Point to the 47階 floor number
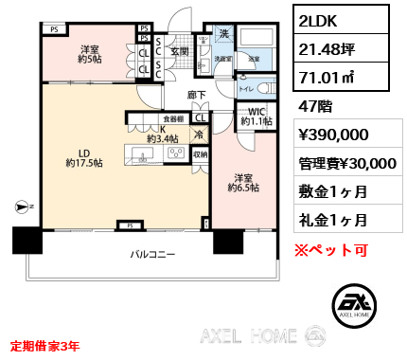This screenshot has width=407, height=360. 316,109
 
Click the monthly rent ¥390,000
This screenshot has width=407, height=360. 334,136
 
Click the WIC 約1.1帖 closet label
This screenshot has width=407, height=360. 257,115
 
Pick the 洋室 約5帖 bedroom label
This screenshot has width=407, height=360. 91,55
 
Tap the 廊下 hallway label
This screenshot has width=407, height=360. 197,95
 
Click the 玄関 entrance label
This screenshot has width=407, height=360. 180,51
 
